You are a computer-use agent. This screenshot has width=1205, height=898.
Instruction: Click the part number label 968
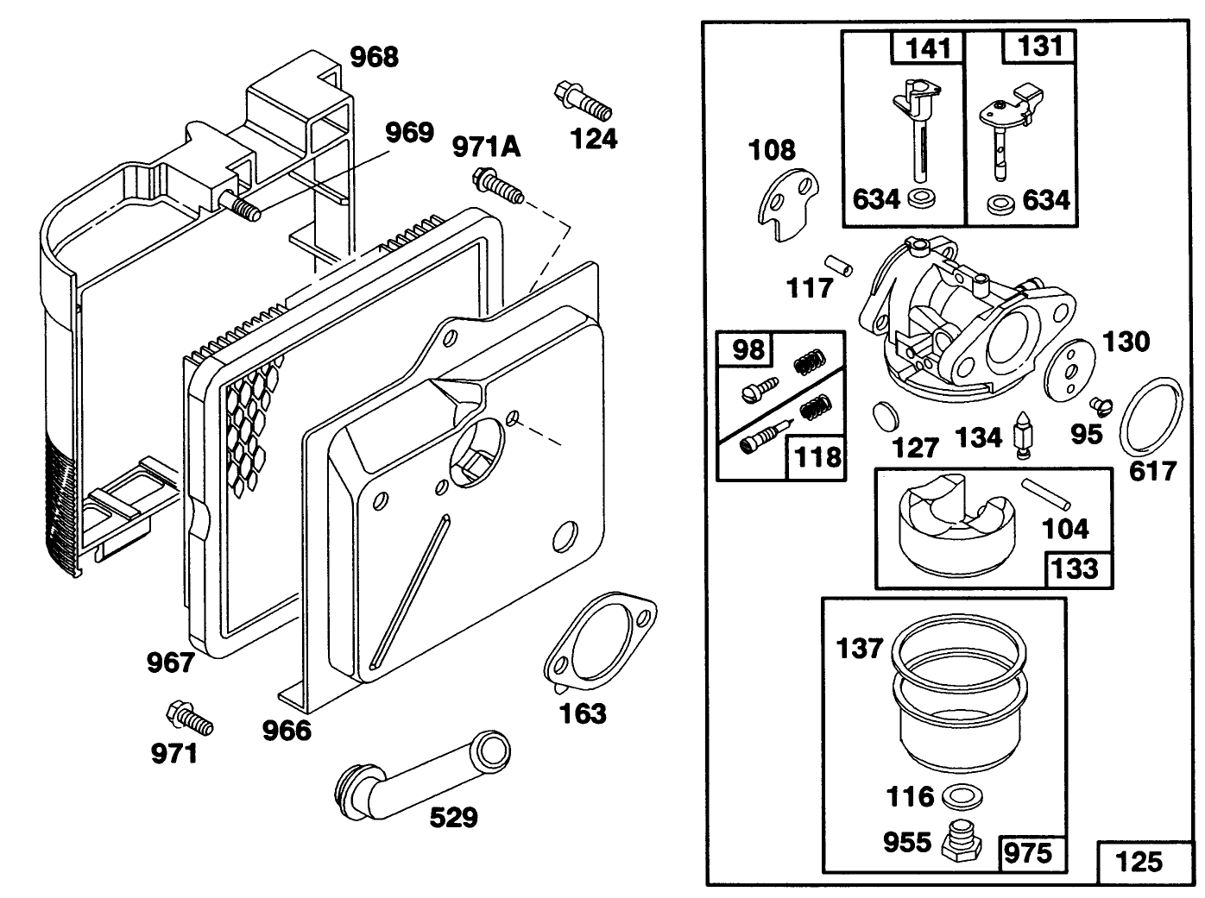pyautogui.click(x=374, y=57)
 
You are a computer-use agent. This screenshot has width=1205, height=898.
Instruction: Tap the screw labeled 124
pyautogui.click(x=583, y=100)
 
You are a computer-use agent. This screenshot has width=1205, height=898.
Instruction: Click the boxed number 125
pyautogui.click(x=1139, y=861)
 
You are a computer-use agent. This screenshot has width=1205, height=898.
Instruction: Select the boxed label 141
pyautogui.click(x=928, y=47)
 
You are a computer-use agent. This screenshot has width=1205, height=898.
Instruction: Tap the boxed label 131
pyautogui.click(x=1040, y=46)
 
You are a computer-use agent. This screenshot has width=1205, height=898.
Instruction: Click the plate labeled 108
pyautogui.click(x=787, y=204)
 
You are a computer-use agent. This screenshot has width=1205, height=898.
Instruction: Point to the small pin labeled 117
pyautogui.click(x=836, y=264)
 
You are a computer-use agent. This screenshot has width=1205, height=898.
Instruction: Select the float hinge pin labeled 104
pyautogui.click(x=1046, y=494)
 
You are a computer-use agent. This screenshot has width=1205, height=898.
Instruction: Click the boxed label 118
pyautogui.click(x=816, y=455)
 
